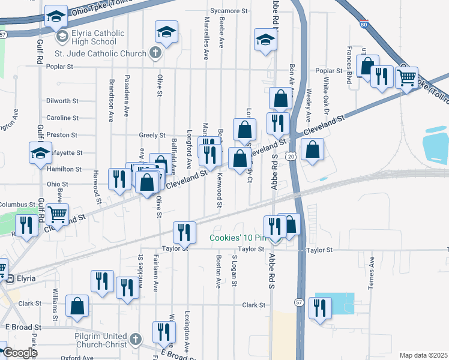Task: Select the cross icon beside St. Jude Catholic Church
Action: pos(155,53)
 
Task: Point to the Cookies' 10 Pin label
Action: pos(236,238)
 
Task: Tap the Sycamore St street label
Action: pos(229,11)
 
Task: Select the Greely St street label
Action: pos(152,136)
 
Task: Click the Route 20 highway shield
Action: pos(291,156)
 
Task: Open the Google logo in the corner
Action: pos(19,352)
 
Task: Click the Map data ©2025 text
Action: pos(423,355)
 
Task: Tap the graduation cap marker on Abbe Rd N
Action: pos(264,40)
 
